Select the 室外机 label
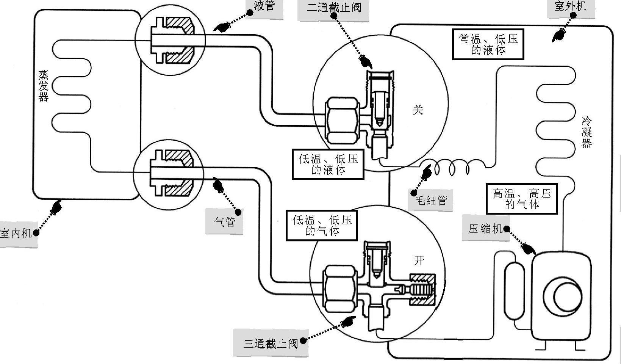(x=570, y=6)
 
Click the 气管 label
(x=225, y=222)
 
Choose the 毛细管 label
(x=432, y=200)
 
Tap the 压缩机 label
(x=485, y=229)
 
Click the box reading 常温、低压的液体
(x=488, y=44)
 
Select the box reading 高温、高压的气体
(x=522, y=199)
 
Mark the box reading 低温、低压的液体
(x=328, y=164)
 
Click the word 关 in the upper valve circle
(x=418, y=110)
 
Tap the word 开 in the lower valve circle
(x=419, y=260)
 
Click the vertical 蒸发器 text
(x=43, y=86)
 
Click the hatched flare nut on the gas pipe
(x=178, y=175)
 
